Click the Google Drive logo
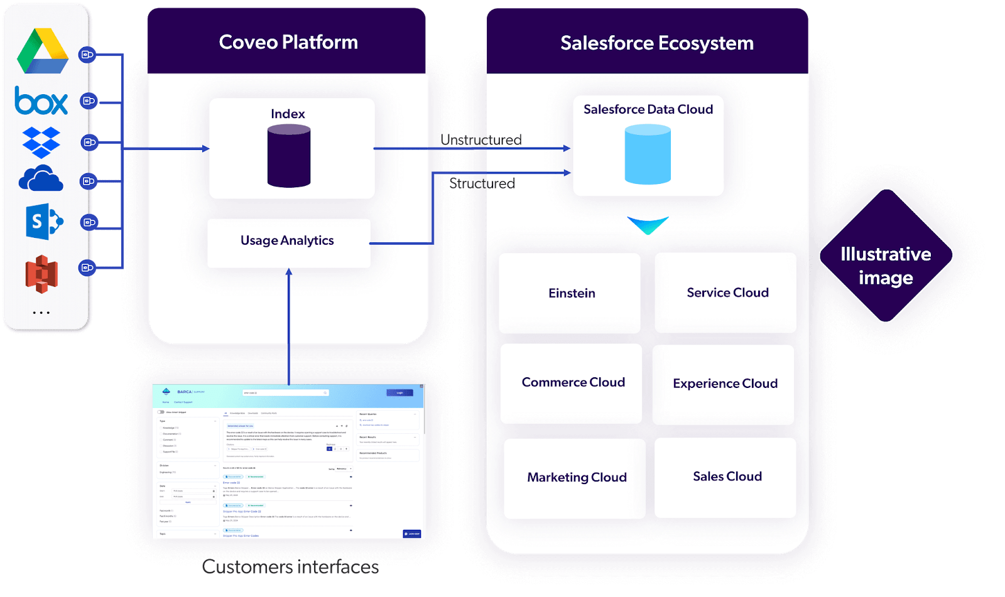43,51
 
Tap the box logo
41,101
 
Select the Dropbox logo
41,143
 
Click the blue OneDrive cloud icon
41,179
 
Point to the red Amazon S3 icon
41,274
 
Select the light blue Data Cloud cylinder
648,154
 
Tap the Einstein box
570,293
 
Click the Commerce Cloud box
572,383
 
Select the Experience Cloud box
724,384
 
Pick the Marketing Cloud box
575,478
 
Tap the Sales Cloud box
725,477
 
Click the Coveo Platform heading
288,42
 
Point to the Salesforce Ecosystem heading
657,43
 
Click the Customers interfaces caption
291,567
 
